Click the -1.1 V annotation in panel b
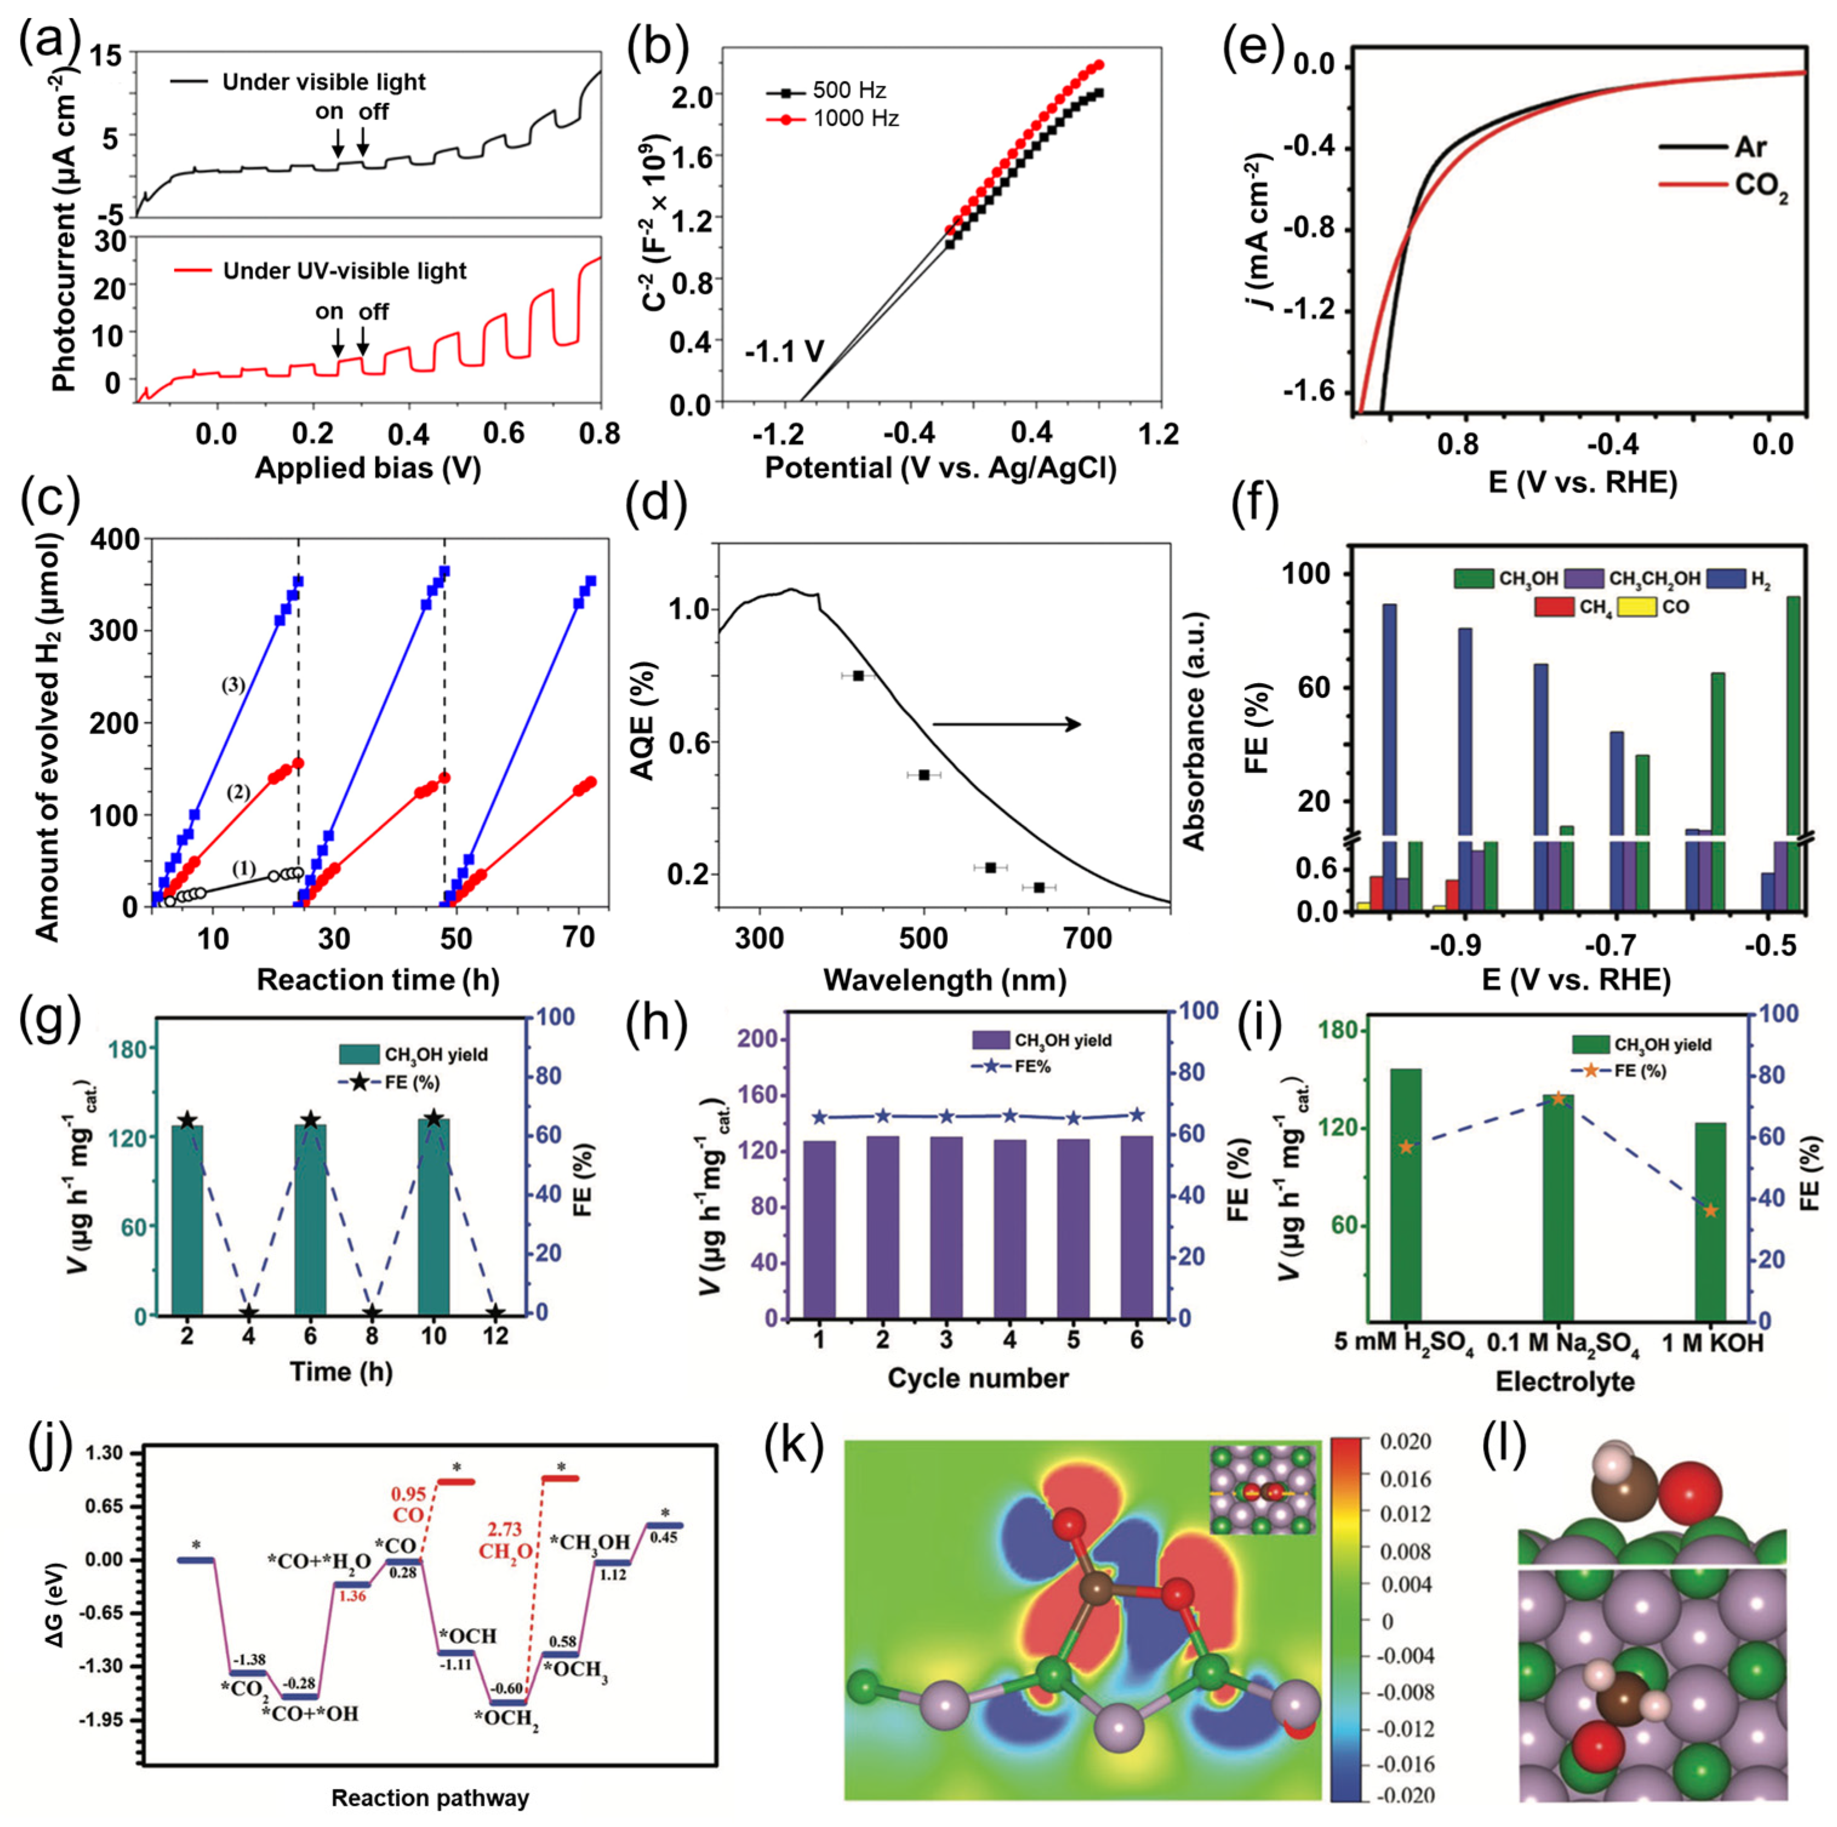pyautogui.click(x=784, y=352)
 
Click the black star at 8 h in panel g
pyautogui.click(x=372, y=1314)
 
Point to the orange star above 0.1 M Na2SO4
pyautogui.click(x=1558, y=1098)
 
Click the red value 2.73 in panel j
pyautogui.click(x=505, y=1529)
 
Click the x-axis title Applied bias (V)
pyautogui.click(x=368, y=468)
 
